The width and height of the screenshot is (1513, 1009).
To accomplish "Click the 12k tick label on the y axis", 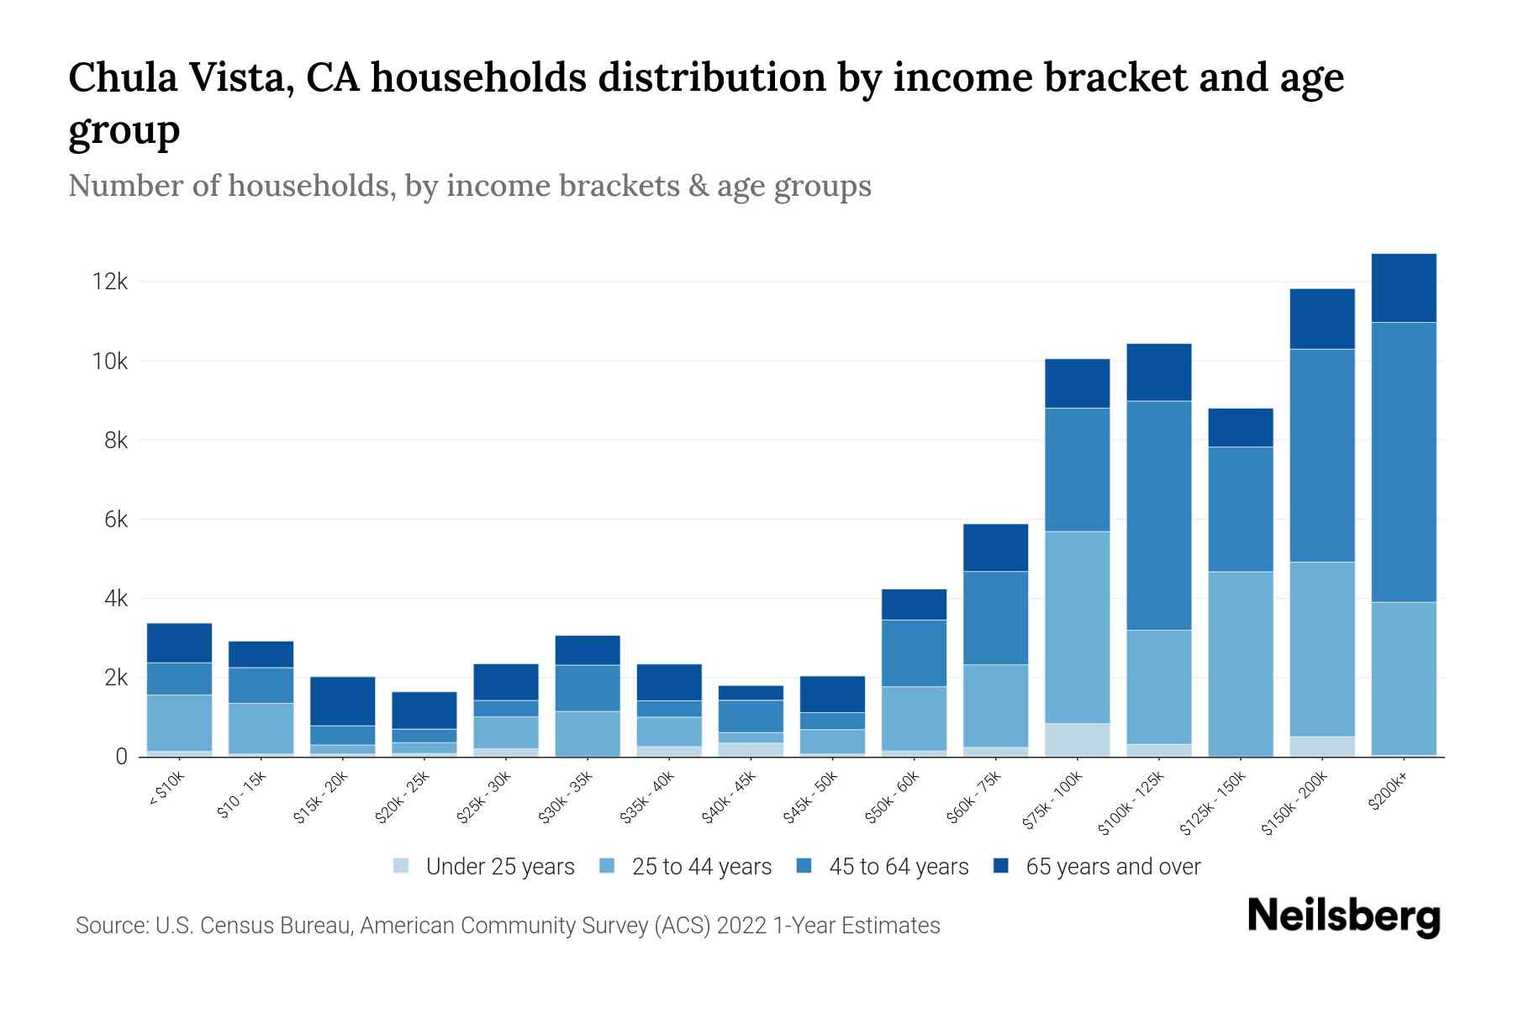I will tap(110, 282).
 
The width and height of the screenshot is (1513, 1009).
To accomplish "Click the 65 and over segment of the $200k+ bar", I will tap(1404, 288).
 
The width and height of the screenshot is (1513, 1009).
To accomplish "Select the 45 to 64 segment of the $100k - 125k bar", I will tap(1159, 515).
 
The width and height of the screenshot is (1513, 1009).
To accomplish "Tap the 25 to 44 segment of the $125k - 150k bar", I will tap(1241, 663).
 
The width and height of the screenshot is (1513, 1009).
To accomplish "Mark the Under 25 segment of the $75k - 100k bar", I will tap(1078, 739).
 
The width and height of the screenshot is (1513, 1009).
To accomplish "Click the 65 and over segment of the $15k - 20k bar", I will tap(343, 700).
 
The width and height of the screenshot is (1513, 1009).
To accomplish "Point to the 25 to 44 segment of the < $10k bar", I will tap(179, 722).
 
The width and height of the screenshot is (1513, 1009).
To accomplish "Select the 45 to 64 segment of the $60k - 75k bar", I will tap(995, 618).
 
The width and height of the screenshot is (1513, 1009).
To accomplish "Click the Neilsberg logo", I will tap(1343, 916).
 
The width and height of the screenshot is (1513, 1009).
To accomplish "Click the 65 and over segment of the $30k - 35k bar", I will tap(588, 650).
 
